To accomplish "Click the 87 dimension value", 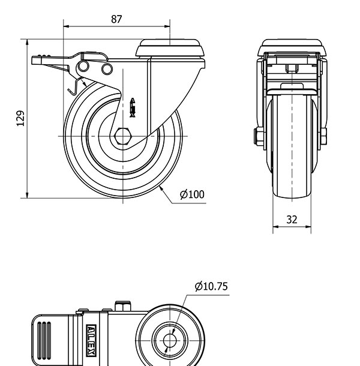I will coord(116,19).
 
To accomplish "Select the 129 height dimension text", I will coord(20,119).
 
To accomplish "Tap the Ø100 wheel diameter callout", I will coord(192,194).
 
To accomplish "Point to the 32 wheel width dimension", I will coord(292,219).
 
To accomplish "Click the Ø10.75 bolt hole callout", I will coord(211,286).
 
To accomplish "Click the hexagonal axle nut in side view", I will coord(123,136).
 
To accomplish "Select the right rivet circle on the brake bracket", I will coord(107,69).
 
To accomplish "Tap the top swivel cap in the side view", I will coord(171,48).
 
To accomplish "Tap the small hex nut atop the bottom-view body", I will coord(124,307).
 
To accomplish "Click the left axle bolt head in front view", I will coord(258,136).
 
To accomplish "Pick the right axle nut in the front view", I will coord(324,136).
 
